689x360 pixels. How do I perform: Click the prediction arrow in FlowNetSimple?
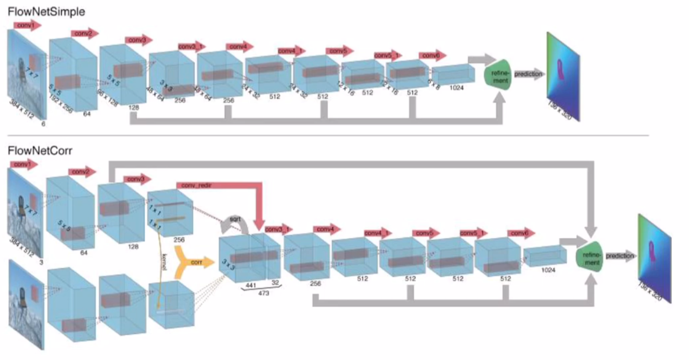pyautogui.click(x=528, y=74)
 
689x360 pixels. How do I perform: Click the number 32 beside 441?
pyautogui.click(x=274, y=282)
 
